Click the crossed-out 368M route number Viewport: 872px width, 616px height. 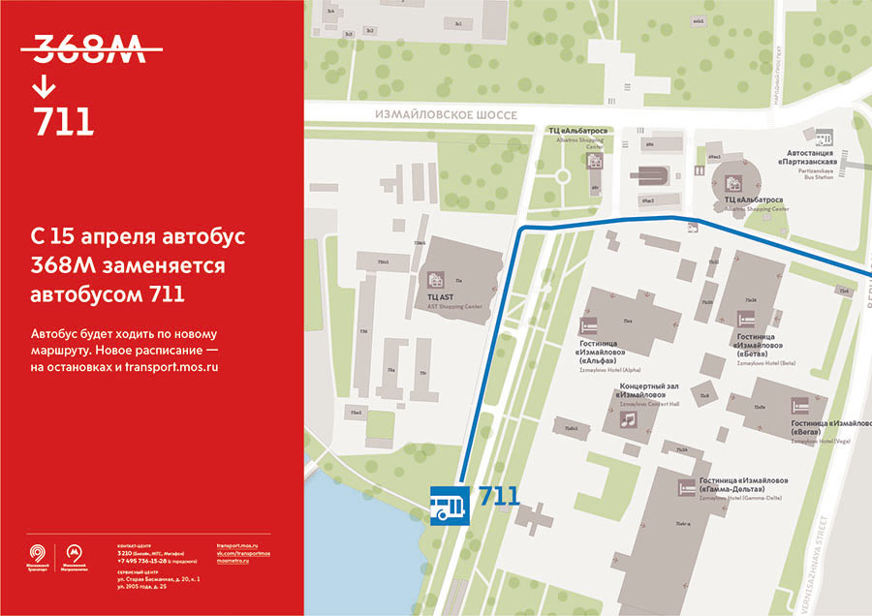(x=89, y=49)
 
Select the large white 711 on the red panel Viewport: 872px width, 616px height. (x=63, y=122)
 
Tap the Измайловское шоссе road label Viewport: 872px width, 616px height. (x=447, y=114)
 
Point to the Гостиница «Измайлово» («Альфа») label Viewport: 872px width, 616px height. (x=609, y=353)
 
